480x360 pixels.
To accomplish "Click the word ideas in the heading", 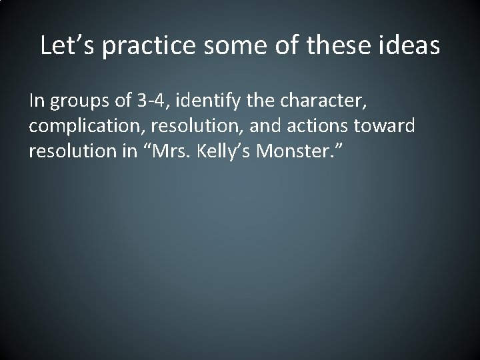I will pyautogui.click(x=411, y=45).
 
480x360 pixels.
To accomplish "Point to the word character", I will pyautogui.click(x=326, y=102).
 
